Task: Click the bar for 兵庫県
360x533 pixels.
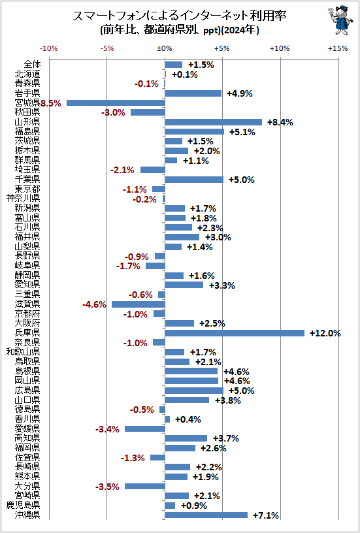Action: tap(235, 333)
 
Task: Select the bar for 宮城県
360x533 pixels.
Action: tap(116, 103)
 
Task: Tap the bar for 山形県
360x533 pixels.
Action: tap(213, 122)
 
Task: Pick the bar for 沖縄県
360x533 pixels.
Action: tap(206, 515)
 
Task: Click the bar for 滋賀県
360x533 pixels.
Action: tap(138, 304)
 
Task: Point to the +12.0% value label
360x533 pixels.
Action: tap(325, 333)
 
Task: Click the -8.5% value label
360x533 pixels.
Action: tap(50, 103)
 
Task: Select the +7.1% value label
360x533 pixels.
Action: tap(265, 515)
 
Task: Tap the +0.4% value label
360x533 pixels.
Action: tap(186, 419)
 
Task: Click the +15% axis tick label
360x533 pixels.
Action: tap(338, 48)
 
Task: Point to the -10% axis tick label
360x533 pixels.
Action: tap(49, 48)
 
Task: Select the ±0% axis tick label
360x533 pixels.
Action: tap(165, 48)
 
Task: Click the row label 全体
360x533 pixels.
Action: tap(31, 65)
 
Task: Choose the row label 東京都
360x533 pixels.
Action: tap(27, 189)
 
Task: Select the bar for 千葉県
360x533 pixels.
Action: tap(194, 180)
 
